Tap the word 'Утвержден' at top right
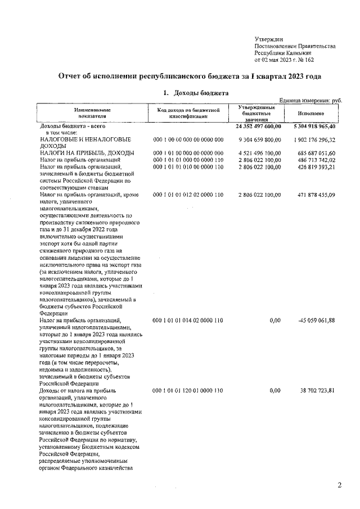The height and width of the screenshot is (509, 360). coord(269,38)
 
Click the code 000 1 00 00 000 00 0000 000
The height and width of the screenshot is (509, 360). coord(188,138)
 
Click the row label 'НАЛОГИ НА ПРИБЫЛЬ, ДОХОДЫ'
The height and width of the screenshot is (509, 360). coord(86,153)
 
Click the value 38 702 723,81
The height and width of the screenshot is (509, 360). coord(316,390)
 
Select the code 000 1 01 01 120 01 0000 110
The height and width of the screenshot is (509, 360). coord(188,390)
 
